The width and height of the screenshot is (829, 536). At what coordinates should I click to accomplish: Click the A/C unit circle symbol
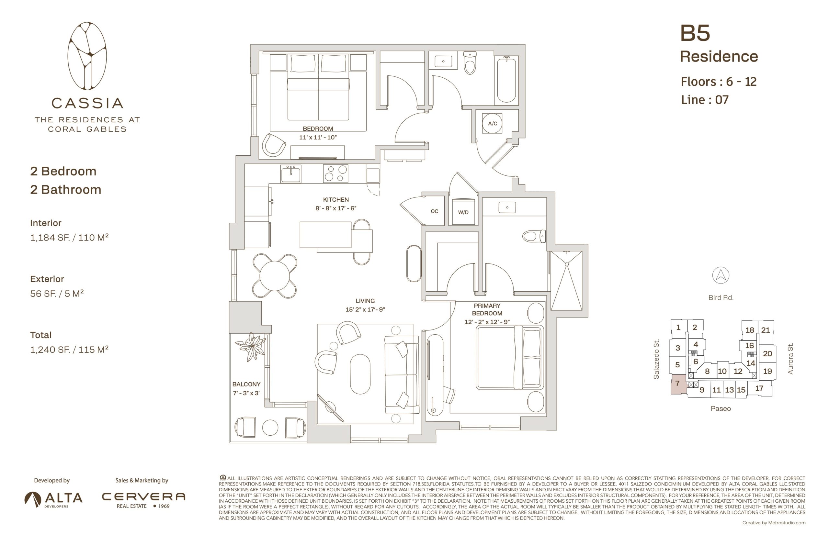pyautogui.click(x=492, y=123)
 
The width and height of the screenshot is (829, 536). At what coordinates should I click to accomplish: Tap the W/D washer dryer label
pyautogui.click(x=463, y=212)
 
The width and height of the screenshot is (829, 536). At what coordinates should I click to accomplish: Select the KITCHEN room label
pyautogui.click(x=335, y=199)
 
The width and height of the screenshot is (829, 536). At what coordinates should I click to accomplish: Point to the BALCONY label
pyautogui.click(x=246, y=384)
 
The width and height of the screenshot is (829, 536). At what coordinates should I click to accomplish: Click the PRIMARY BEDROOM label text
pyautogui.click(x=487, y=309)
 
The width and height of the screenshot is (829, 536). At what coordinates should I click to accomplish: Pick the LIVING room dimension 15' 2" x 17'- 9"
pyautogui.click(x=365, y=309)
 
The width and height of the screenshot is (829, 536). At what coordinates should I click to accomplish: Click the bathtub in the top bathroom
pyautogui.click(x=506, y=80)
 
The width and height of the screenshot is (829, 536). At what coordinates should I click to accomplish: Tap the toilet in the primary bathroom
pyautogui.click(x=534, y=236)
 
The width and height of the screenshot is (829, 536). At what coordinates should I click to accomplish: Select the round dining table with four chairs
pyautogui.click(x=274, y=276)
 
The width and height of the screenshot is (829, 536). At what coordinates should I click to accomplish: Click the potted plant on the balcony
pyautogui.click(x=251, y=347)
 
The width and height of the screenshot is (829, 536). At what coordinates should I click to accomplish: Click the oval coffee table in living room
pyautogui.click(x=360, y=374)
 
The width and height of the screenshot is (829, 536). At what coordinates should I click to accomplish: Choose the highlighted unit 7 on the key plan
pyautogui.click(x=677, y=384)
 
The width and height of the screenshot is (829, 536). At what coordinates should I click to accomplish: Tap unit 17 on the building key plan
pyautogui.click(x=759, y=388)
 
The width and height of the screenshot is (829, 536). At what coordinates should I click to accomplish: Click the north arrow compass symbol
pyautogui.click(x=721, y=275)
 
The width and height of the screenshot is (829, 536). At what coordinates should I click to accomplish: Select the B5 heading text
pyautogui.click(x=695, y=33)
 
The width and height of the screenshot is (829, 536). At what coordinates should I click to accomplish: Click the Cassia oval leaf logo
pyautogui.click(x=87, y=56)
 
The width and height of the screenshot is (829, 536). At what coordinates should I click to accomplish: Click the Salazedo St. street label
pyautogui.click(x=656, y=359)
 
